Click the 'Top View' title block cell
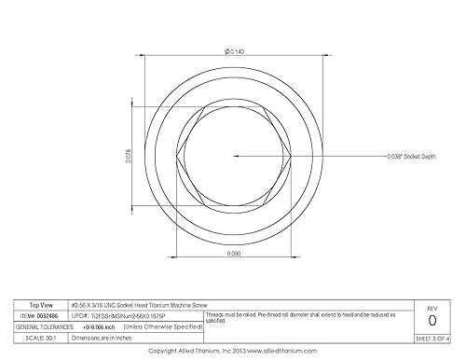38,305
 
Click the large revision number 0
432,320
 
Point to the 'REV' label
432,307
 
